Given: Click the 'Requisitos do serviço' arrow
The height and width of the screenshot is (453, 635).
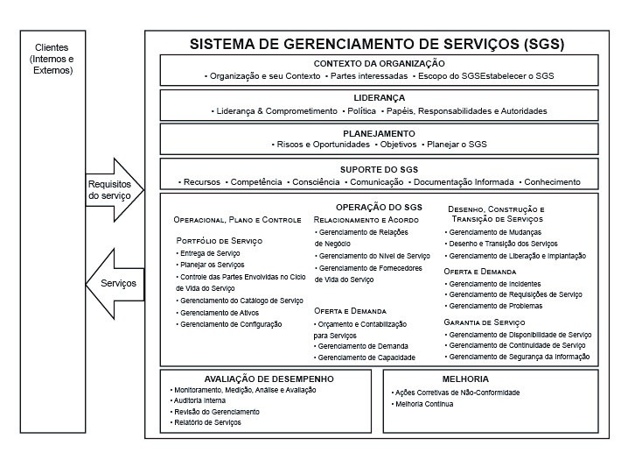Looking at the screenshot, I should (x=110, y=190).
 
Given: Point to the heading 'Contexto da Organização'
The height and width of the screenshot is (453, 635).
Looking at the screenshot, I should (x=379, y=63).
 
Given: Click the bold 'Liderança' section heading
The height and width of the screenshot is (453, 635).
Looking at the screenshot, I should (x=379, y=98).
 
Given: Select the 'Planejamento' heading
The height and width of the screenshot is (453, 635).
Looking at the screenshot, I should (x=379, y=131).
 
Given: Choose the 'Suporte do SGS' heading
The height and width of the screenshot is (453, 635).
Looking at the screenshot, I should (x=379, y=167).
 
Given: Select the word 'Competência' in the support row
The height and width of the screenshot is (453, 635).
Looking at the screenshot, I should (x=255, y=182).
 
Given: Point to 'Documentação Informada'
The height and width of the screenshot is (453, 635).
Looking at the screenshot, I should (x=463, y=182).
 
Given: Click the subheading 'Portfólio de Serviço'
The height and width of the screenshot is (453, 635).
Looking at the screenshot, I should (x=220, y=240).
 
